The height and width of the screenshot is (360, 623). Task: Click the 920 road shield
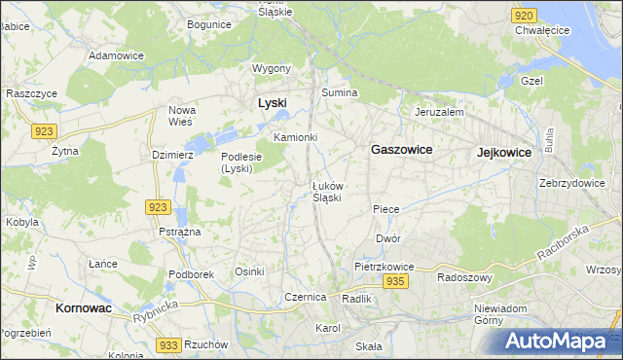point(524,16)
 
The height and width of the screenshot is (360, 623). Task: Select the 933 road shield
point(168,345)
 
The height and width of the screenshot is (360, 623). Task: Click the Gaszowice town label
point(401,151)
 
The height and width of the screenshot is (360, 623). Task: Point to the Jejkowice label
point(504,153)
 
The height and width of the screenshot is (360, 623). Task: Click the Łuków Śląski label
point(326,191)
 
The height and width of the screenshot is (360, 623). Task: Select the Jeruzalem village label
point(439,112)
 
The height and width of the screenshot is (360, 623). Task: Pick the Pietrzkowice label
point(385,266)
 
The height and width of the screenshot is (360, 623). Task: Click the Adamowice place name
point(116,55)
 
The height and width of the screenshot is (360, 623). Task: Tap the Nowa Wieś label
point(182,116)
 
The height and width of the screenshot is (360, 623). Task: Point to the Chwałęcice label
point(542,30)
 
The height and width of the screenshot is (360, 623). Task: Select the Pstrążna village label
point(179,232)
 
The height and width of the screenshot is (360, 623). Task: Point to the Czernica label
point(304,297)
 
